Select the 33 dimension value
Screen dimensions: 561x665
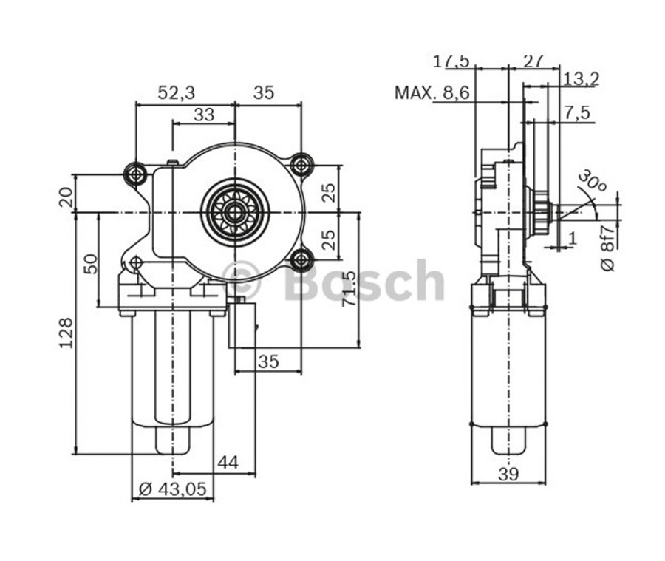click(x=204, y=115)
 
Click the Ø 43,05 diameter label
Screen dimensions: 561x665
click(x=172, y=489)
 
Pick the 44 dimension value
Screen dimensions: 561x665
click(x=228, y=462)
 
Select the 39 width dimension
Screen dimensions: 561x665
click(x=508, y=475)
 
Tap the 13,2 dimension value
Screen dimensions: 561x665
click(x=580, y=78)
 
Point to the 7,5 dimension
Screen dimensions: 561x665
click(x=577, y=112)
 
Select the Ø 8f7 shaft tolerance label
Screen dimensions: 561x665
click(x=607, y=246)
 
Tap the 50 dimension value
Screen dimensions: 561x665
click(x=89, y=264)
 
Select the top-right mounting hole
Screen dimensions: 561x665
click(x=301, y=164)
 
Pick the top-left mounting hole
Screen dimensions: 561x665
click(x=135, y=174)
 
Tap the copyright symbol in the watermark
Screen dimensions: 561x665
click(x=241, y=281)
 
